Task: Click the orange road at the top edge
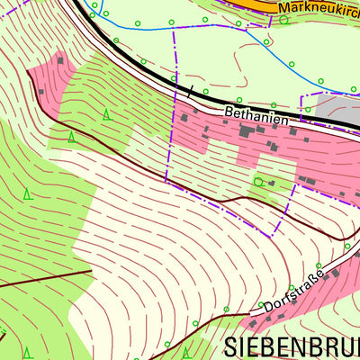pyautogui.click(x=261, y=4)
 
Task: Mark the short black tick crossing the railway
pyautogui.click(x=189, y=91)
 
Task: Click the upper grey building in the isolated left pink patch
pyautogui.click(x=61, y=60)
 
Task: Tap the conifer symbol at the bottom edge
pyautogui.click(x=186, y=352)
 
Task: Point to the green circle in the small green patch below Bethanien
pyautogui.click(x=259, y=182)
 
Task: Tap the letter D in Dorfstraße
pyautogui.click(x=268, y=307)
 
